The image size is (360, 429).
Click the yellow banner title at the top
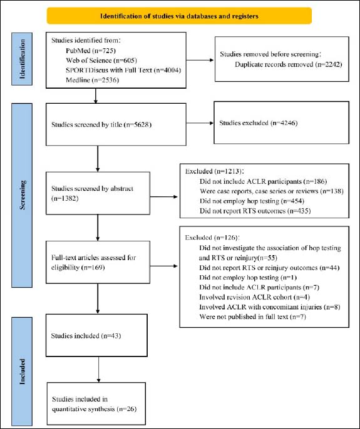[x=179, y=16]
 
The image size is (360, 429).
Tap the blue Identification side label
[x=22, y=59]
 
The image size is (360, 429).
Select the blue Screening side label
[x=22, y=195]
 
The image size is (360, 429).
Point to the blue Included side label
[x=22, y=371]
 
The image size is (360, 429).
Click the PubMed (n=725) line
[x=91, y=51]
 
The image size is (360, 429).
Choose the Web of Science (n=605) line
[x=101, y=60]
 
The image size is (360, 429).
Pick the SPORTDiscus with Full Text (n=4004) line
[x=123, y=70]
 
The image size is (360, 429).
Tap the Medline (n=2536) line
[x=92, y=80]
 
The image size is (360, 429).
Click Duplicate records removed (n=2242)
[x=289, y=64]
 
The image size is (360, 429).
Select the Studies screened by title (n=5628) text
[x=101, y=125]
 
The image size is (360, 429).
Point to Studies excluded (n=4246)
[x=259, y=123]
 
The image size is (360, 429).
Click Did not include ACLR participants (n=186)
[x=264, y=181]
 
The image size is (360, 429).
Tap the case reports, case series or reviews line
[x=272, y=191]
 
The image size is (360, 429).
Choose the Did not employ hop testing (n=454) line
[x=252, y=201]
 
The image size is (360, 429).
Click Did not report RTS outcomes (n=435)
[x=255, y=211]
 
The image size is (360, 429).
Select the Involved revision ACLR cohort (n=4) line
[x=255, y=297]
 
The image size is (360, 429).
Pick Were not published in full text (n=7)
[x=252, y=317]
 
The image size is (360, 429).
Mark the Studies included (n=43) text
[x=86, y=336]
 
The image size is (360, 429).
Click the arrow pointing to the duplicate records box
[x=200, y=60]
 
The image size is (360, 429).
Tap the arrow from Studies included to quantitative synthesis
[x=98, y=370]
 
